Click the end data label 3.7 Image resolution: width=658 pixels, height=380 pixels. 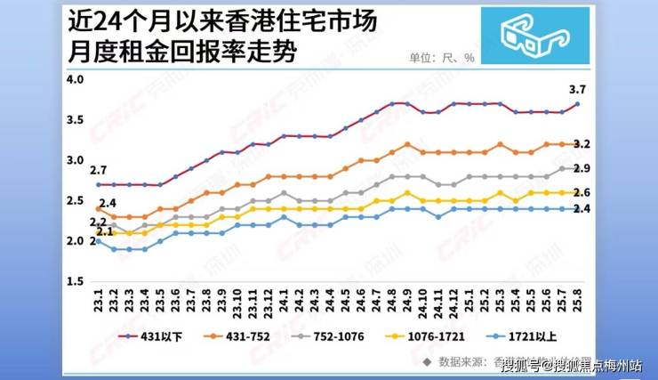577,88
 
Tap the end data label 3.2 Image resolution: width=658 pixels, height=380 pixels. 583,143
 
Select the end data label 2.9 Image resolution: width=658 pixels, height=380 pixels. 583,168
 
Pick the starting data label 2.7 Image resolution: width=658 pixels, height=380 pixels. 99,170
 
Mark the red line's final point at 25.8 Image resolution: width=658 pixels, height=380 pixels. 578,104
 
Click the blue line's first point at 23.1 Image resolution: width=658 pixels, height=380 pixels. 98,241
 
